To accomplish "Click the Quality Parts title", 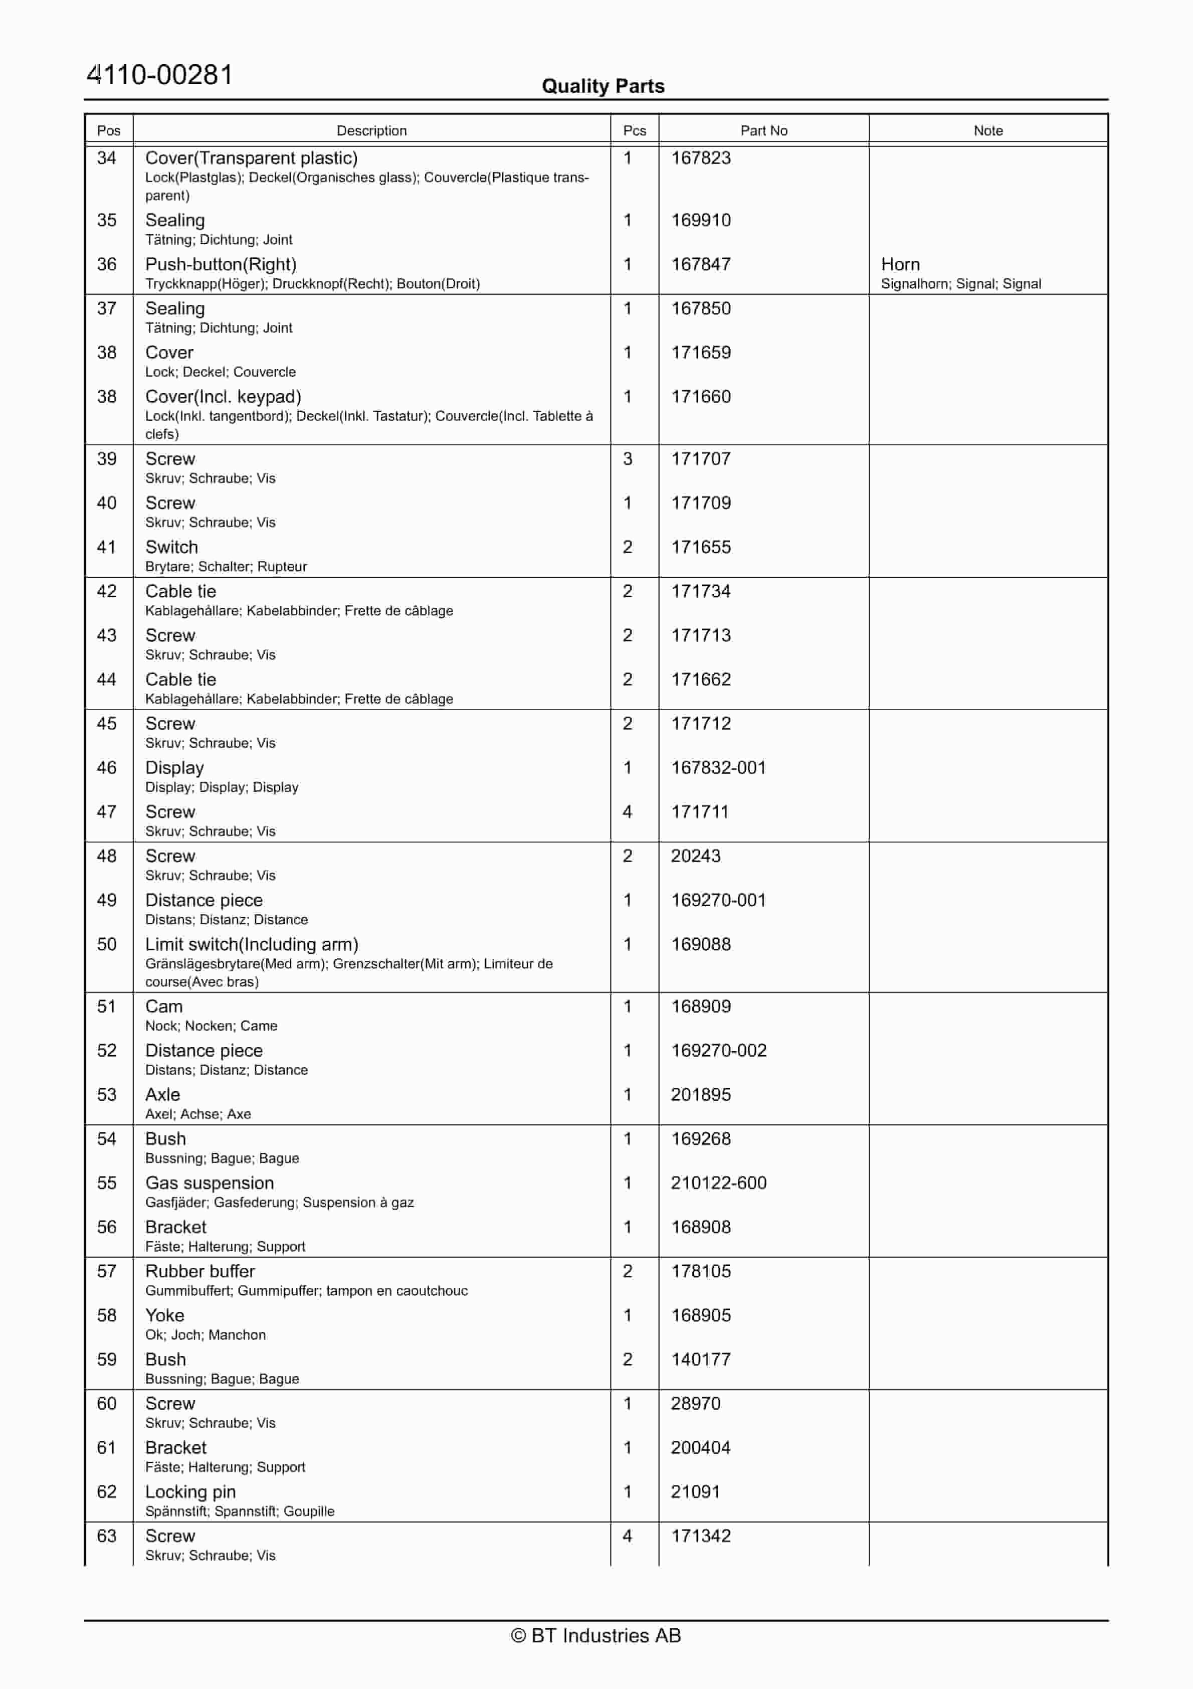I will pos(603,86).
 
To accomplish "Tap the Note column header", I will pos(988,130).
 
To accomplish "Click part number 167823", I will pos(700,158).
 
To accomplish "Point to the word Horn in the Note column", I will pos(900,264).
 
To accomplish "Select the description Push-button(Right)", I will pos(221,264).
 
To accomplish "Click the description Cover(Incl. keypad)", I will pos(223,397).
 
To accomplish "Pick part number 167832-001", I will pos(718,767).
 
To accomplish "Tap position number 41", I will pos(107,547).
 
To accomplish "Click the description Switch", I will pos(171,547).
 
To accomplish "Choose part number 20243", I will pos(695,856).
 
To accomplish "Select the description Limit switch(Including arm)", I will pos(252,944).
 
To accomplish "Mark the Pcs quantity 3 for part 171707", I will pos(628,458).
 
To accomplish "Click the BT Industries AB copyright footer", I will pos(596,1635).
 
